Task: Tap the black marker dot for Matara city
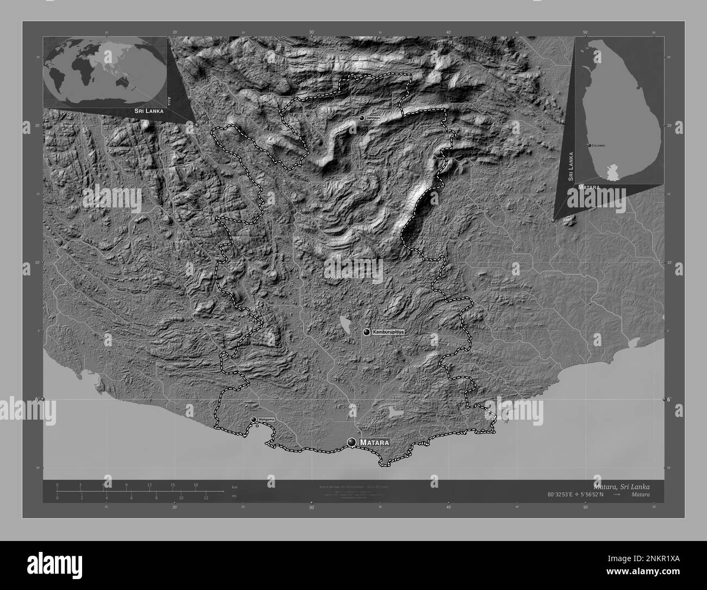tap(352, 442)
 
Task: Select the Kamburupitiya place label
tap(388, 331)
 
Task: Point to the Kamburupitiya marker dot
tap(367, 331)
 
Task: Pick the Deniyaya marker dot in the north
tap(361, 118)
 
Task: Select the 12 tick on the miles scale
tap(206, 497)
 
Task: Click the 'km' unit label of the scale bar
tap(234, 487)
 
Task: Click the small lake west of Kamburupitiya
tap(344, 324)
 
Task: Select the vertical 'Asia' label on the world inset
tap(169, 101)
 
